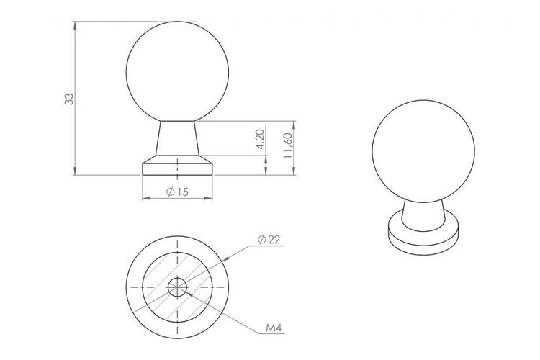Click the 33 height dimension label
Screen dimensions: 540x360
tap(69, 99)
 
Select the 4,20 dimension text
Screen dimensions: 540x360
tap(260, 139)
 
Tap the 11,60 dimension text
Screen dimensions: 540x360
tap(287, 145)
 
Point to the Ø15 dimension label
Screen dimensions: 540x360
tap(177, 192)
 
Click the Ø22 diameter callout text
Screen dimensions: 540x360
tap(269, 240)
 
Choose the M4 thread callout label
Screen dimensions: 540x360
tap(274, 328)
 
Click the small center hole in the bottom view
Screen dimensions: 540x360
tap(177, 287)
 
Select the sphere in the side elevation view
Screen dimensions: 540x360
tap(177, 72)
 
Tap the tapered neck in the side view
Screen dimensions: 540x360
tap(177, 138)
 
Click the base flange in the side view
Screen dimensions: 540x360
tap(177, 166)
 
